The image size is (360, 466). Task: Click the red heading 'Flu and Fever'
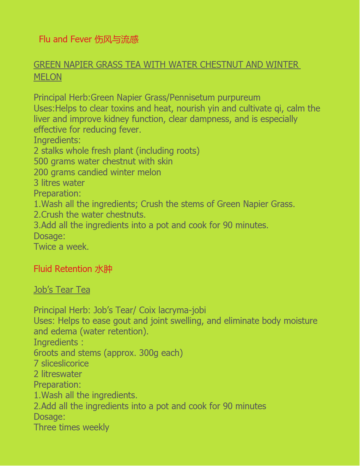click(65, 39)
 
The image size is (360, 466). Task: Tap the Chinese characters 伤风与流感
click(116, 39)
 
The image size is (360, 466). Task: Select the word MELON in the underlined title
click(48, 77)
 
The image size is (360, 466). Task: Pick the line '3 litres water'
click(59, 183)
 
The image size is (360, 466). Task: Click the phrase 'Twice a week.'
click(61, 247)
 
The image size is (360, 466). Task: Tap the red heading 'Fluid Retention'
click(63, 269)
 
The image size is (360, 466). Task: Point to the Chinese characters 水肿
click(104, 269)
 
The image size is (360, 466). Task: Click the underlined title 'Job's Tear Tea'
click(62, 290)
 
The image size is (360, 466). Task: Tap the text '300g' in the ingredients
click(148, 353)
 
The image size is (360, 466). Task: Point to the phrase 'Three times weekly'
click(71, 427)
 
